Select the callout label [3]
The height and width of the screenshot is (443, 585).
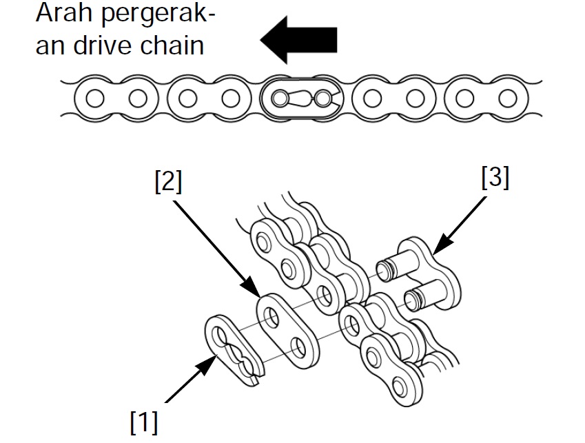(x=494, y=178)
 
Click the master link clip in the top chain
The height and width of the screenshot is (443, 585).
(x=300, y=99)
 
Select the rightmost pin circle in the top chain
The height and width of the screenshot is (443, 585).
(x=507, y=99)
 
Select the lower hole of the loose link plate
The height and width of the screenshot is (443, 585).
(x=298, y=345)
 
